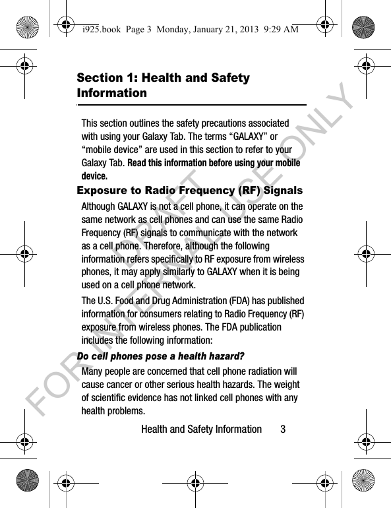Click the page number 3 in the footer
coord(283,429)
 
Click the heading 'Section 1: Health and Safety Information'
coord(164,85)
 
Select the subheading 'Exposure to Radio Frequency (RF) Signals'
coord(190,191)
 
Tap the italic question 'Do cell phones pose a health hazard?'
coord(160,356)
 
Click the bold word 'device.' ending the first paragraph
coord(94,176)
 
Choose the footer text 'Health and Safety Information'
coord(201,429)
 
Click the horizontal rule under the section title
coord(191,104)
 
